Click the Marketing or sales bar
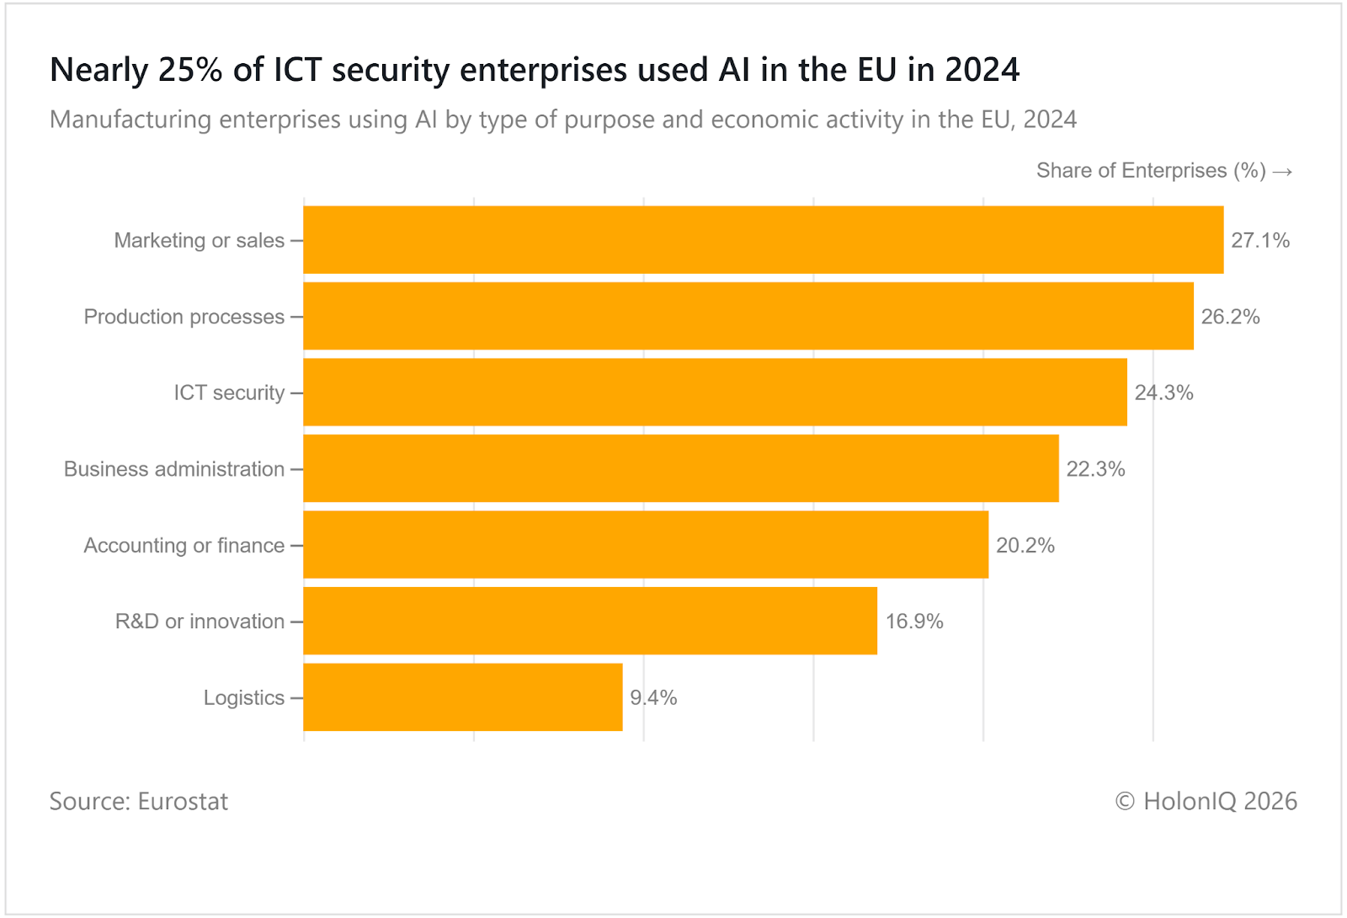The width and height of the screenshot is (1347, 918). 763,240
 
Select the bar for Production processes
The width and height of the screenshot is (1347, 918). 748,317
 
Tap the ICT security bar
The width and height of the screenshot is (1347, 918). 715,392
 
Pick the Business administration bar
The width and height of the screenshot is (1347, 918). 681,469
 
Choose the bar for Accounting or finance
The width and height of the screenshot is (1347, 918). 646,545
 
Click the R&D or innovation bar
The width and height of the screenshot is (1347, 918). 590,621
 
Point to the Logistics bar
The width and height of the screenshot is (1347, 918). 463,697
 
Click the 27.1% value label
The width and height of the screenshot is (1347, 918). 1260,241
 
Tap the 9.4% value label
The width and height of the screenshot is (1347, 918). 653,698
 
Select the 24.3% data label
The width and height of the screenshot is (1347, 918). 1163,393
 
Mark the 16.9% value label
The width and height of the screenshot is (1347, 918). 914,622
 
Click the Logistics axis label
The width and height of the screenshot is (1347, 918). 244,698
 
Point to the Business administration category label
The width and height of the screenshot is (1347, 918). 174,469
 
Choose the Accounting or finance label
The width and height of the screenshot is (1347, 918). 184,546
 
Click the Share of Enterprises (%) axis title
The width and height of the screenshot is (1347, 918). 1151,171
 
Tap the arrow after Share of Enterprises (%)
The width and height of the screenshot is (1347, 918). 1282,172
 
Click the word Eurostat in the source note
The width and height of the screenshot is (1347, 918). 183,801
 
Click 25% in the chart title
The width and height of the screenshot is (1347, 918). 190,70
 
